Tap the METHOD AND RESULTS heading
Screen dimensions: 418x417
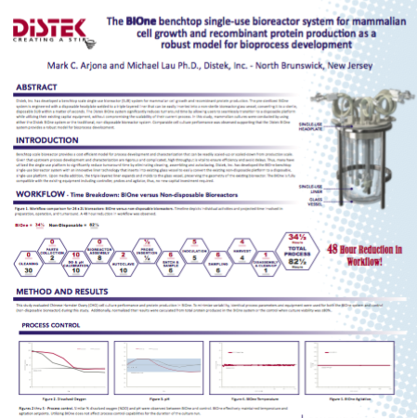point(62,289)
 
